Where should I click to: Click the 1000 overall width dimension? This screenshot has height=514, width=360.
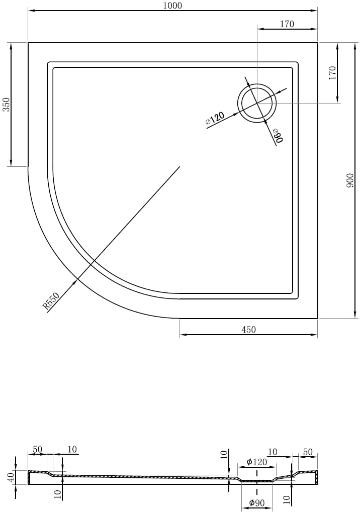point(172,6)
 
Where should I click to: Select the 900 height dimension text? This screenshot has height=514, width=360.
point(350,180)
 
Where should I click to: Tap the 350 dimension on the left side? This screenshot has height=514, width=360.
point(7,105)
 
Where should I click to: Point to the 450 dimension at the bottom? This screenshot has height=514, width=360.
point(248,329)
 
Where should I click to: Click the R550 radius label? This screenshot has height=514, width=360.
point(51,301)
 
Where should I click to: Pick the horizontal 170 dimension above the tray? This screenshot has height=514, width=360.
point(287,24)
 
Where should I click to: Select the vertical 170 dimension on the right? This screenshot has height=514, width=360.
point(333,73)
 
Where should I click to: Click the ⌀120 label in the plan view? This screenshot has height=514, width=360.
point(215,118)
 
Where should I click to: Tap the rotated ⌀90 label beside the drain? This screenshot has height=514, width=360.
point(278,135)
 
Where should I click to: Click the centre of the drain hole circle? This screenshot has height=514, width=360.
point(257,103)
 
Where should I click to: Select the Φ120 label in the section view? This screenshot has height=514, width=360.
point(256,462)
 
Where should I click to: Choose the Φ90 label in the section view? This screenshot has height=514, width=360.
point(257,503)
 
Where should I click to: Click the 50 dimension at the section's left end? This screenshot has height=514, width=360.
point(37,449)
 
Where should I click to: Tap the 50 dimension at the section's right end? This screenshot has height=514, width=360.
point(308,452)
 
